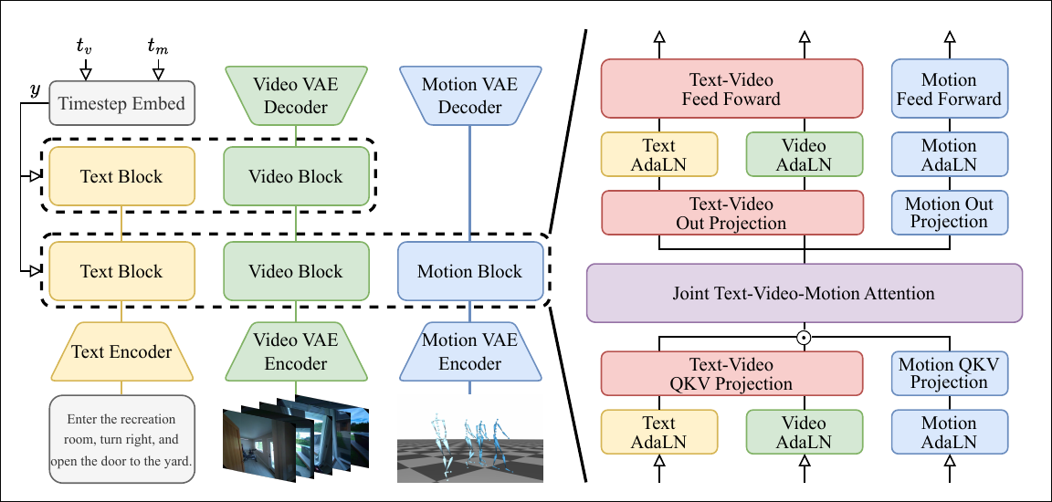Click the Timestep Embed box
[121, 105]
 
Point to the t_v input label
[85, 46]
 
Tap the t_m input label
[157, 46]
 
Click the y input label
[35, 89]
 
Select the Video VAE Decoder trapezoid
[296, 96]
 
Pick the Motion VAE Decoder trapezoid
[469, 96]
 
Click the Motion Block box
[469, 272]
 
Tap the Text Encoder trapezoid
[121, 351]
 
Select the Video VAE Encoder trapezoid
[296, 351]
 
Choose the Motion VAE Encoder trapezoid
[469, 351]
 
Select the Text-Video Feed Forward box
[731, 89]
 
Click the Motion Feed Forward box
[950, 89]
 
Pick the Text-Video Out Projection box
[731, 214]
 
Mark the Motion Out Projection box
[950, 213]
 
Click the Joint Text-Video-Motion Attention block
[804, 294]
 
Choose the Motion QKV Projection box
[950, 373]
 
